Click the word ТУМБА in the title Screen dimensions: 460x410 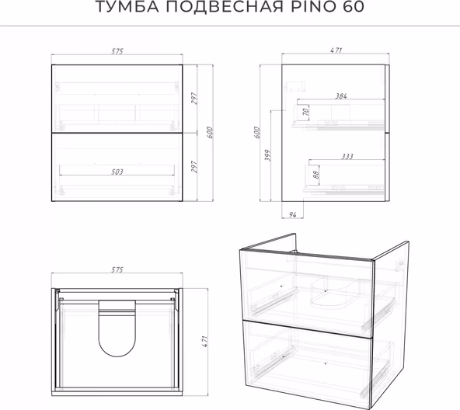tap(127, 7)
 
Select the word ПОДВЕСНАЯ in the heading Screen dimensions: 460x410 tap(225, 7)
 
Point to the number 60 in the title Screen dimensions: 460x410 tap(354, 7)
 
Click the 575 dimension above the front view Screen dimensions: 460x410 tap(117, 51)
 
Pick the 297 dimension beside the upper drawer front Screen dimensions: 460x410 tap(194, 99)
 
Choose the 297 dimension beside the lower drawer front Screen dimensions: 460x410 tap(194, 167)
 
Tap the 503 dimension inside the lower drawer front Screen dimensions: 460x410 tap(117, 172)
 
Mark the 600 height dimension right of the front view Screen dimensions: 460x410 tap(210, 133)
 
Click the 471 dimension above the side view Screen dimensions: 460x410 tap(336, 50)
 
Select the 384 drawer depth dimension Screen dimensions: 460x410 tap(341, 96)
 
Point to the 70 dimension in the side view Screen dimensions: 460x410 tap(305, 112)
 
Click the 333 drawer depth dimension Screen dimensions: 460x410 tap(347, 156)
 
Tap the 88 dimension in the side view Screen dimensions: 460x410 tap(315, 175)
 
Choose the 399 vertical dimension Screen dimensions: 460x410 tap(267, 155)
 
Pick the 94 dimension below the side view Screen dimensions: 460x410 tap(292, 214)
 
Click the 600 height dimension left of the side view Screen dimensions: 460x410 tap(256, 133)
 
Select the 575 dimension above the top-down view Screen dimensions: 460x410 tap(117, 269)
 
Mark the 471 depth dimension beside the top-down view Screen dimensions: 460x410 tap(204, 342)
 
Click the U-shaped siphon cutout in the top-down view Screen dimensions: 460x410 tap(117, 356)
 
